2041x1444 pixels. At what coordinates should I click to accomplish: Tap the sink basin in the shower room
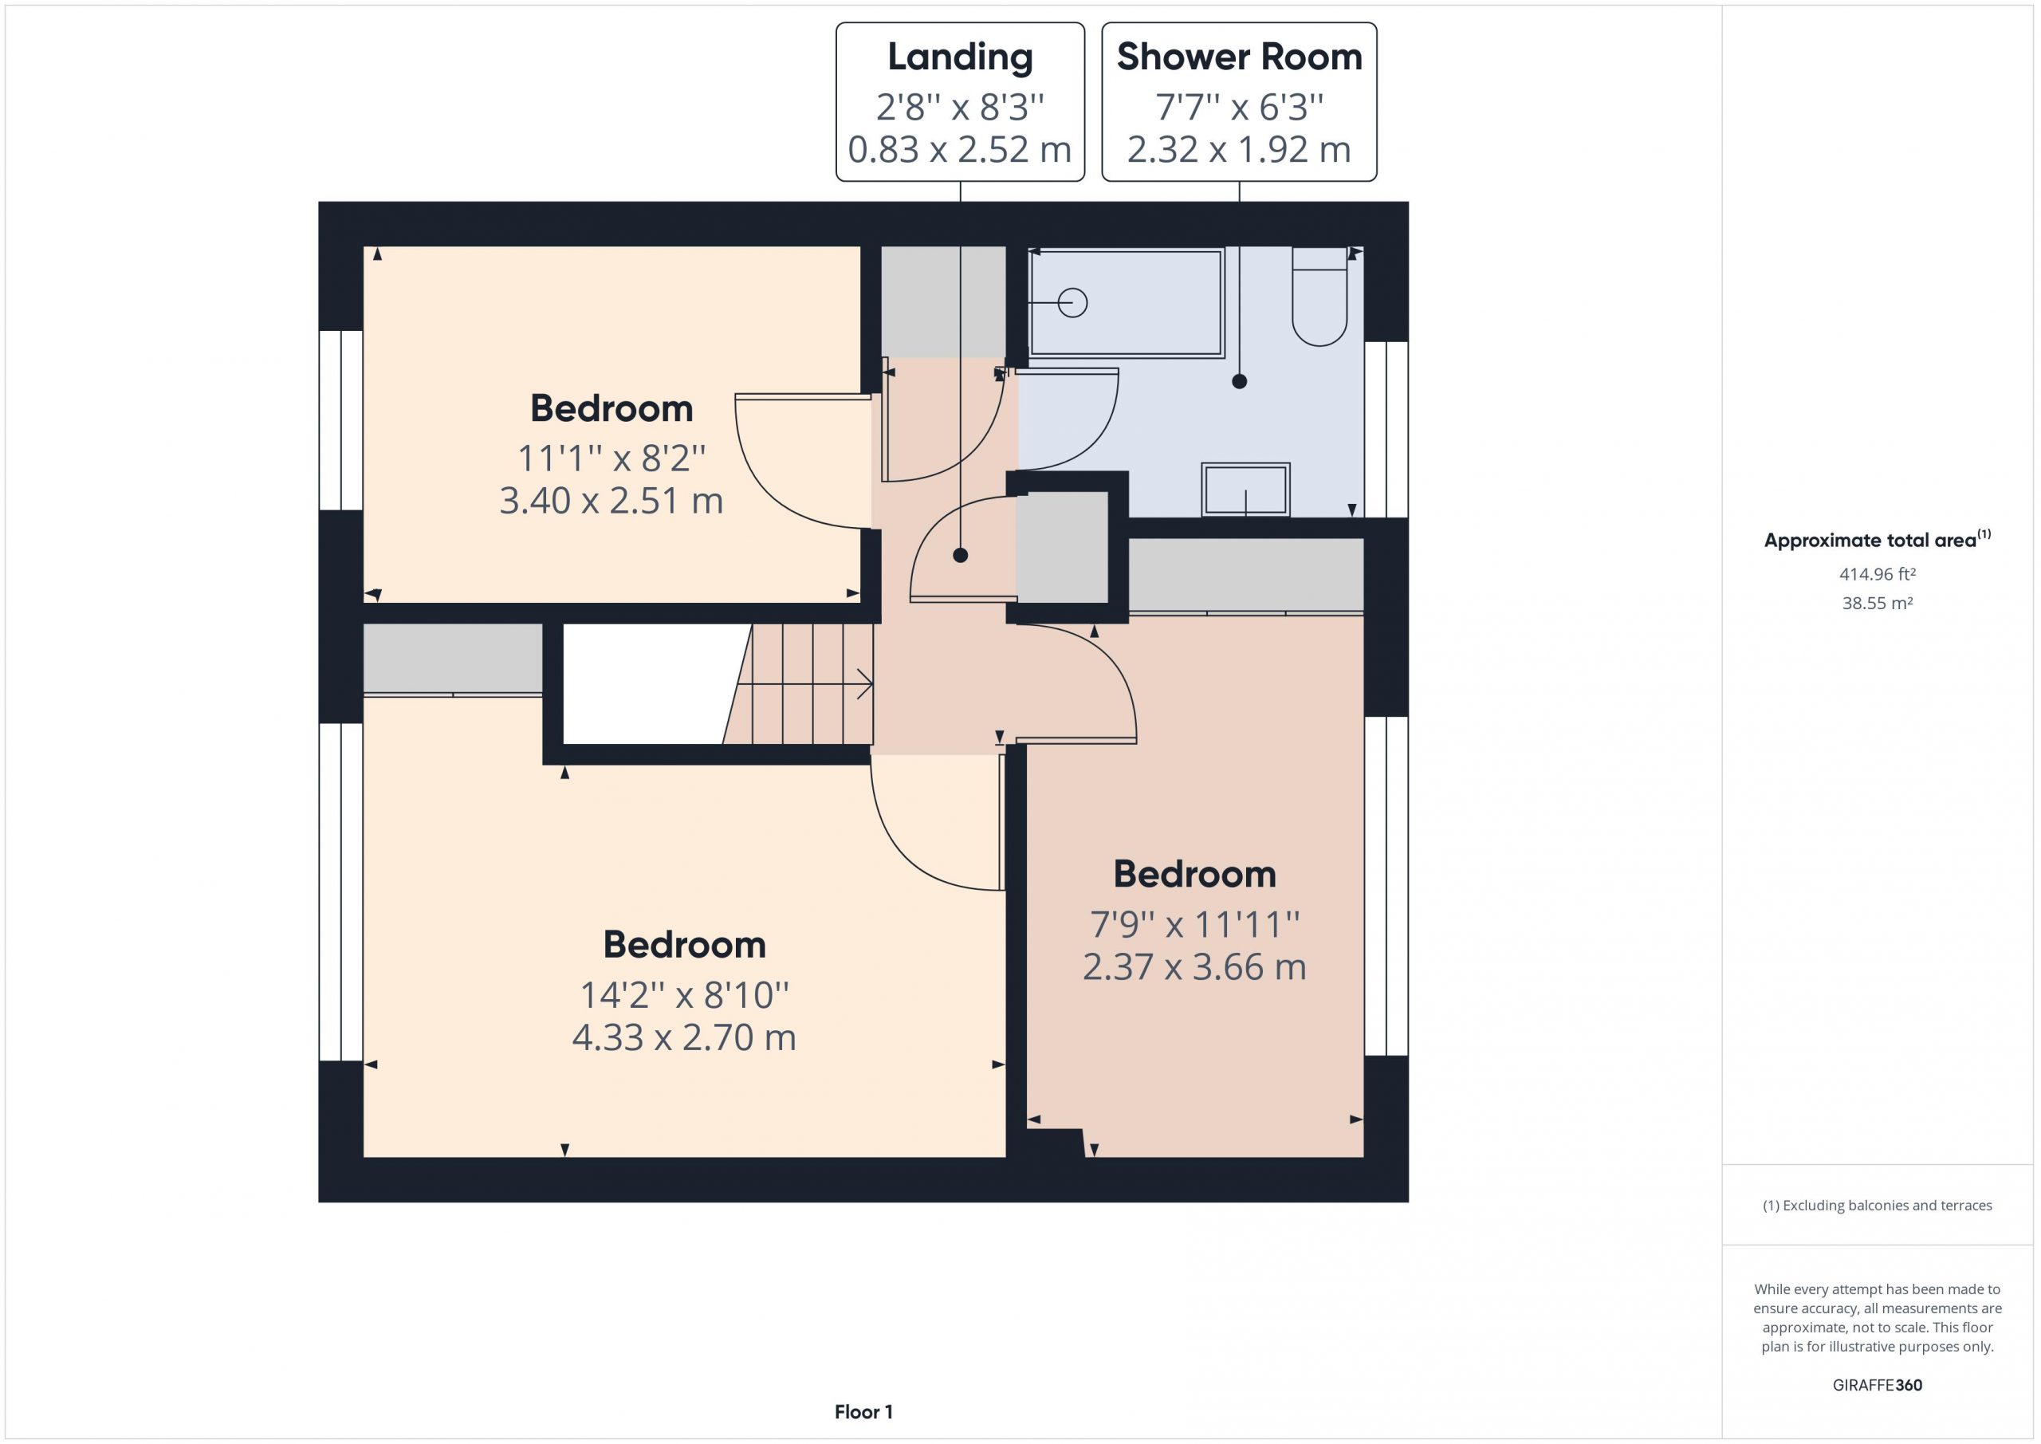click(x=1245, y=489)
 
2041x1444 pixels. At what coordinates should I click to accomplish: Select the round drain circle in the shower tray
click(x=1073, y=303)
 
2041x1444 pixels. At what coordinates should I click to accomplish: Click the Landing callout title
click(x=960, y=57)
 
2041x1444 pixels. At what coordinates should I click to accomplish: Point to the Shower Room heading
click(x=1239, y=57)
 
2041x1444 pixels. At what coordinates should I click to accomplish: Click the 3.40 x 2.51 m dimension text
click(x=612, y=502)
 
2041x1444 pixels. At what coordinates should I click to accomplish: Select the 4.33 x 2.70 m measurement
click(x=683, y=1037)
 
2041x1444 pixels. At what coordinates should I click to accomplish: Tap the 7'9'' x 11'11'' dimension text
click(x=1195, y=925)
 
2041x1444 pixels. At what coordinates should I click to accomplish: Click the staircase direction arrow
click(x=804, y=684)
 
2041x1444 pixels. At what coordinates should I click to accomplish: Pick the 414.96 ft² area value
click(x=1877, y=574)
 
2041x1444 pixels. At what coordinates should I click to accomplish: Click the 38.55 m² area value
click(x=1877, y=603)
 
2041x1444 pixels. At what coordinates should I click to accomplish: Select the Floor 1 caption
click(x=863, y=1412)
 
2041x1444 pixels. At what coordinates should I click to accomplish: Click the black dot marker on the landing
click(x=960, y=556)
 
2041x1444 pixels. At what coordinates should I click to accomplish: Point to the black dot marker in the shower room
click(x=1239, y=381)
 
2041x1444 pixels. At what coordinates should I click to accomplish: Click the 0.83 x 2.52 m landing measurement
click(x=960, y=149)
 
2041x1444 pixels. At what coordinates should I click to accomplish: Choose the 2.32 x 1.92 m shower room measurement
click(x=1239, y=149)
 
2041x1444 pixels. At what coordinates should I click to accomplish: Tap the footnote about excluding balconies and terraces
click(x=1878, y=1206)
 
